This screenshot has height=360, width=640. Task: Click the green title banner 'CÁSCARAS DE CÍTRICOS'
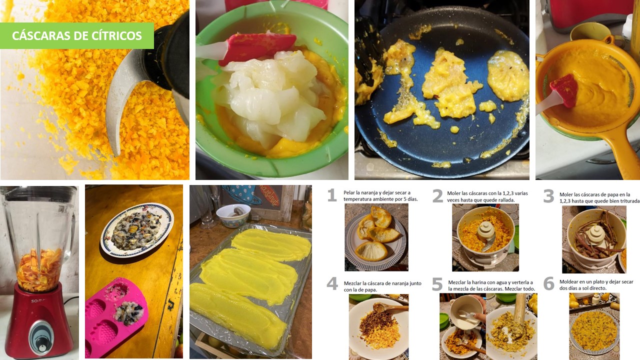(x=77, y=35)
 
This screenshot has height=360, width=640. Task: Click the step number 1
(x=331, y=195)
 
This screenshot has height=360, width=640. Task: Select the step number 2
(x=437, y=196)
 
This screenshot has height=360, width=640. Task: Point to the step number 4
(x=332, y=283)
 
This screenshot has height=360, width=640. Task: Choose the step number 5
(x=437, y=284)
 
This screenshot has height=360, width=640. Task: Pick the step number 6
(x=548, y=283)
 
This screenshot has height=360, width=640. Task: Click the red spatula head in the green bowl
(x=257, y=47)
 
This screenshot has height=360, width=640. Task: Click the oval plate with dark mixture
(x=137, y=230)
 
